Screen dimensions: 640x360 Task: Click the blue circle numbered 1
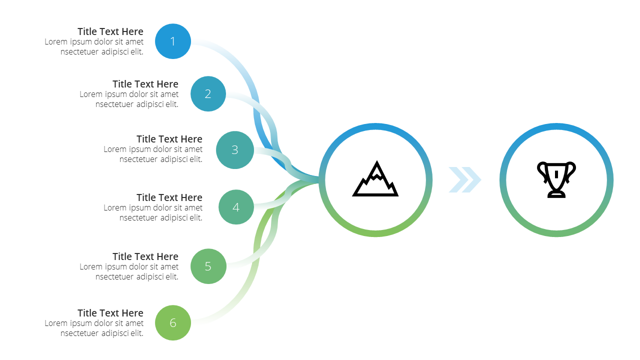point(173,41)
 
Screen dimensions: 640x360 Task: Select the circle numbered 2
point(208,93)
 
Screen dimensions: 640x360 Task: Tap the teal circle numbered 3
point(235,149)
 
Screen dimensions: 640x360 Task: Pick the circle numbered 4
point(236,207)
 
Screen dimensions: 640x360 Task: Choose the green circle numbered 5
point(208,266)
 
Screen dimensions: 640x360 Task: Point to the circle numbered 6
point(173,322)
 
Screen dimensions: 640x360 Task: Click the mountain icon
point(375,179)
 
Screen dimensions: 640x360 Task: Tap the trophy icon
point(556,179)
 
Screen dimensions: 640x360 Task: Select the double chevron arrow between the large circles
point(465,179)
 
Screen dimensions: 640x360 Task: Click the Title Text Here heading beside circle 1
point(110,31)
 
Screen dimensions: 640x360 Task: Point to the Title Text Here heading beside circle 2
point(145,84)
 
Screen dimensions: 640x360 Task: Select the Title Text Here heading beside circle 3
point(169,139)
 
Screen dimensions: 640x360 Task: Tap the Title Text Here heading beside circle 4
point(169,197)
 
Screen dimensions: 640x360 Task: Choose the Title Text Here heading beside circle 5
point(145,256)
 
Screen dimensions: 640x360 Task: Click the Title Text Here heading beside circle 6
point(110,313)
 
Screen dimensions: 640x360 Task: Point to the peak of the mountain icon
point(377,161)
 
